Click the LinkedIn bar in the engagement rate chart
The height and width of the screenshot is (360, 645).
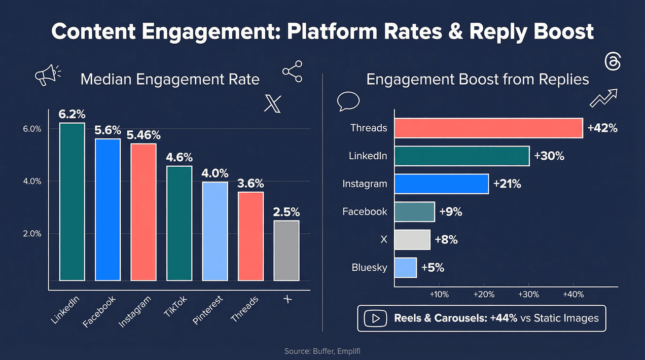(x=71, y=202)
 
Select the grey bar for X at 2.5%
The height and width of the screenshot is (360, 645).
(x=286, y=250)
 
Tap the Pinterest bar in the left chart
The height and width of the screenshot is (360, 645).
(x=215, y=231)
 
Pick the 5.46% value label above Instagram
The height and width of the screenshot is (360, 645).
(x=144, y=135)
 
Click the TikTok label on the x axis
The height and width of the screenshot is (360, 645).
(x=176, y=305)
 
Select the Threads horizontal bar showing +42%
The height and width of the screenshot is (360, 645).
(x=488, y=128)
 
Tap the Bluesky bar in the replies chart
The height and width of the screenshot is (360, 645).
(x=405, y=268)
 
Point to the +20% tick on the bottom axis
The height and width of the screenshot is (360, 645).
(x=483, y=295)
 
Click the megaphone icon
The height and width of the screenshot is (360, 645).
(x=47, y=75)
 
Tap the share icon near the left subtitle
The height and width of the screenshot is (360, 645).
(x=292, y=71)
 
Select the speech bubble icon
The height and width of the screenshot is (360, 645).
(x=348, y=101)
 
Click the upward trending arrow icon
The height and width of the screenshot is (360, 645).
(x=603, y=98)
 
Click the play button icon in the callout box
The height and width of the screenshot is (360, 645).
(x=376, y=318)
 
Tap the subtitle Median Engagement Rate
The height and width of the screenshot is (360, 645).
(x=170, y=80)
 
